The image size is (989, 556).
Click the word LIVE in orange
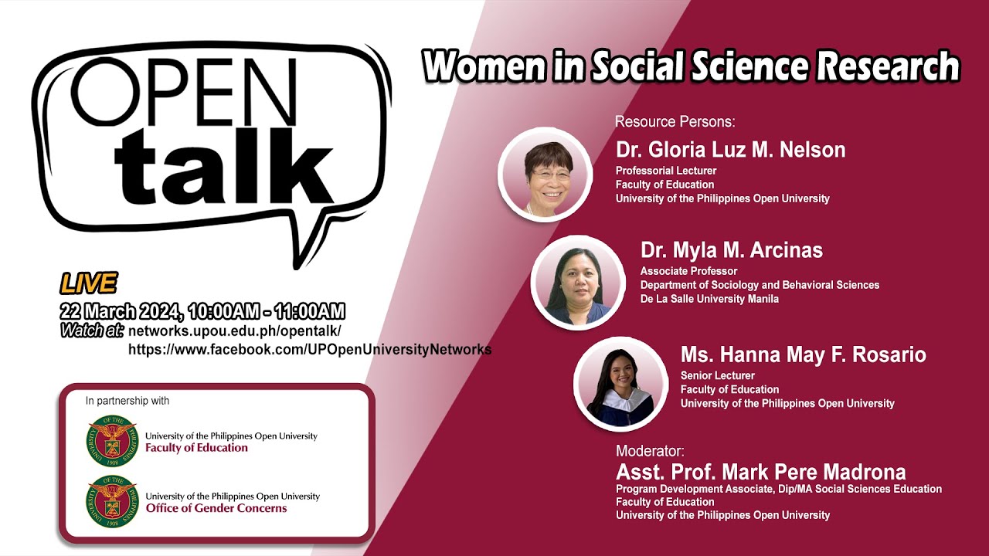click(89, 284)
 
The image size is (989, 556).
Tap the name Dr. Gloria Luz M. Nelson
click(730, 150)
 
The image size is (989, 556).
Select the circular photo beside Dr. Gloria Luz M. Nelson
click(545, 175)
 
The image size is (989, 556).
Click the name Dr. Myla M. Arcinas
click(731, 250)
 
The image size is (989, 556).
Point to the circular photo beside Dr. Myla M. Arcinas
click(578, 283)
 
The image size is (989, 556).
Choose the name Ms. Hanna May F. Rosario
click(803, 354)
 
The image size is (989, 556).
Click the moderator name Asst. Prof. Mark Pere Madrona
click(760, 472)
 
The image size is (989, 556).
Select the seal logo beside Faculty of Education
click(111, 441)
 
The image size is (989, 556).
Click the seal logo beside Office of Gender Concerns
click(111, 502)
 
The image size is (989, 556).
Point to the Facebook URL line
click(310, 349)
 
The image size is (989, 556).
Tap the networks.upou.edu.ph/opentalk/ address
click(235, 331)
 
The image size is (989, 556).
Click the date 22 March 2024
click(120, 312)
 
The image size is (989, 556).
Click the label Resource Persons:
click(675, 122)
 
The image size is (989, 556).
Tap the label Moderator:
click(650, 451)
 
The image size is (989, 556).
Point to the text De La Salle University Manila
click(709, 299)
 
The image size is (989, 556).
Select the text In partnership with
click(127, 401)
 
